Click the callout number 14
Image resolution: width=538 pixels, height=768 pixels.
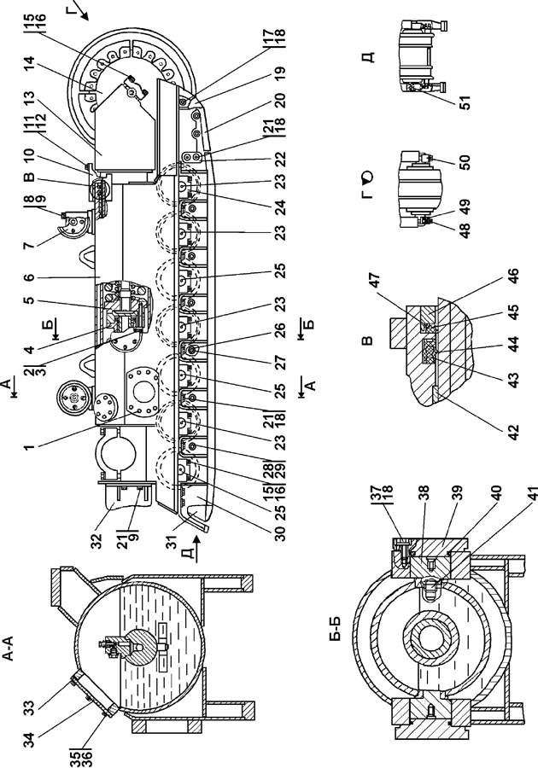30,64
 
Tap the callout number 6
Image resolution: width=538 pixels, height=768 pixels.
30,277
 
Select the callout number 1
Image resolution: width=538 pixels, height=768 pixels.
30,446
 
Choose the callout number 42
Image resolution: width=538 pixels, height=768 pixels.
512,432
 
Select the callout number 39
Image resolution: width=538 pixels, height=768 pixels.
496,538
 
